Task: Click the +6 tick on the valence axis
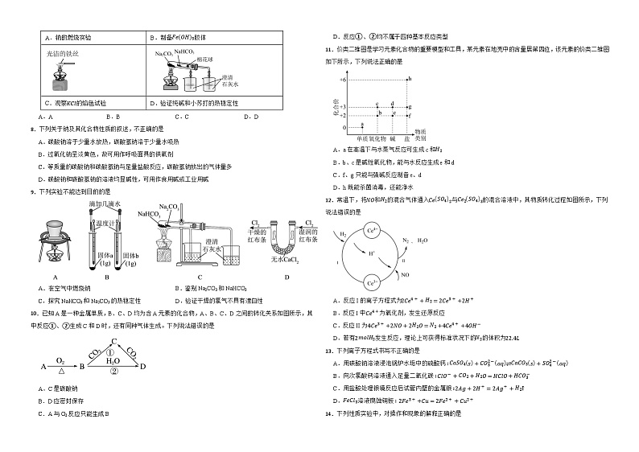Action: click(341, 80)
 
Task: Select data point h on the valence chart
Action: click(409, 79)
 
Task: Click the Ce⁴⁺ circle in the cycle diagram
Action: click(372, 230)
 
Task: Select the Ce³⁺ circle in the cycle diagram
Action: click(372, 282)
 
